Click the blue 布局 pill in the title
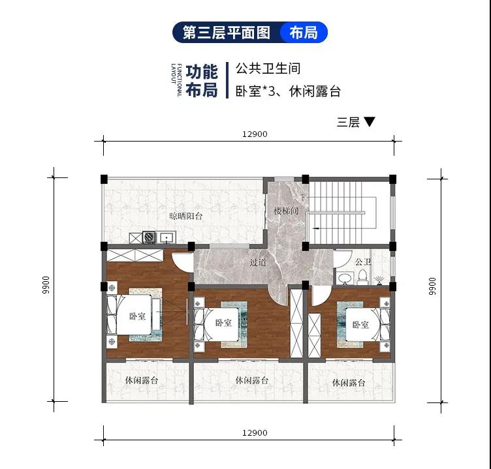[304, 32]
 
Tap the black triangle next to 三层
[369, 121]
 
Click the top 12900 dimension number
[255, 134]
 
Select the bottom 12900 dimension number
[255, 432]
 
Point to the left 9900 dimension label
[46, 284]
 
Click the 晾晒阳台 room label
[186, 216]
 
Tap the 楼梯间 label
[286, 211]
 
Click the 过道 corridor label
[258, 262]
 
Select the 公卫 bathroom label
[363, 262]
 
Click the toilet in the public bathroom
[362, 277]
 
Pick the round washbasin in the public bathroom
[345, 279]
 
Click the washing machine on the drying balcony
[149, 237]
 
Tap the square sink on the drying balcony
[166, 238]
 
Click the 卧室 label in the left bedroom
[138, 316]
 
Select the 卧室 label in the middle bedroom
[223, 323]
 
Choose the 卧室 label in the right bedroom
[360, 324]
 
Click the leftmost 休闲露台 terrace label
[142, 380]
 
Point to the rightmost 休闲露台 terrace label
[349, 382]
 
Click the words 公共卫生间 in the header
[268, 68]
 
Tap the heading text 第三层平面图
[226, 33]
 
